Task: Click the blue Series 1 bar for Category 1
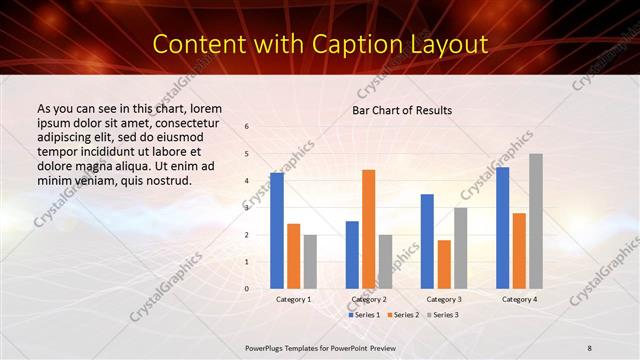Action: coord(276,231)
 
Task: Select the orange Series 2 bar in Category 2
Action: coord(369,229)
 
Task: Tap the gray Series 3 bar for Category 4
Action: coord(536,221)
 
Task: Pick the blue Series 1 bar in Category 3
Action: coord(427,241)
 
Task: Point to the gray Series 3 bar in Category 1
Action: coord(310,262)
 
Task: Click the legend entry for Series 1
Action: coord(363,315)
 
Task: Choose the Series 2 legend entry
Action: coord(403,315)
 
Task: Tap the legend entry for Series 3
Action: coord(443,315)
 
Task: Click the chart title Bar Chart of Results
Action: coord(402,110)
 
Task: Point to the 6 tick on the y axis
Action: coord(247,127)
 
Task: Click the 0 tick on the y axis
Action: coord(247,289)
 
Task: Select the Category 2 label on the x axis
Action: coord(369,299)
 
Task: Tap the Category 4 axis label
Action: coord(519,299)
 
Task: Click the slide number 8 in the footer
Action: coord(590,346)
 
